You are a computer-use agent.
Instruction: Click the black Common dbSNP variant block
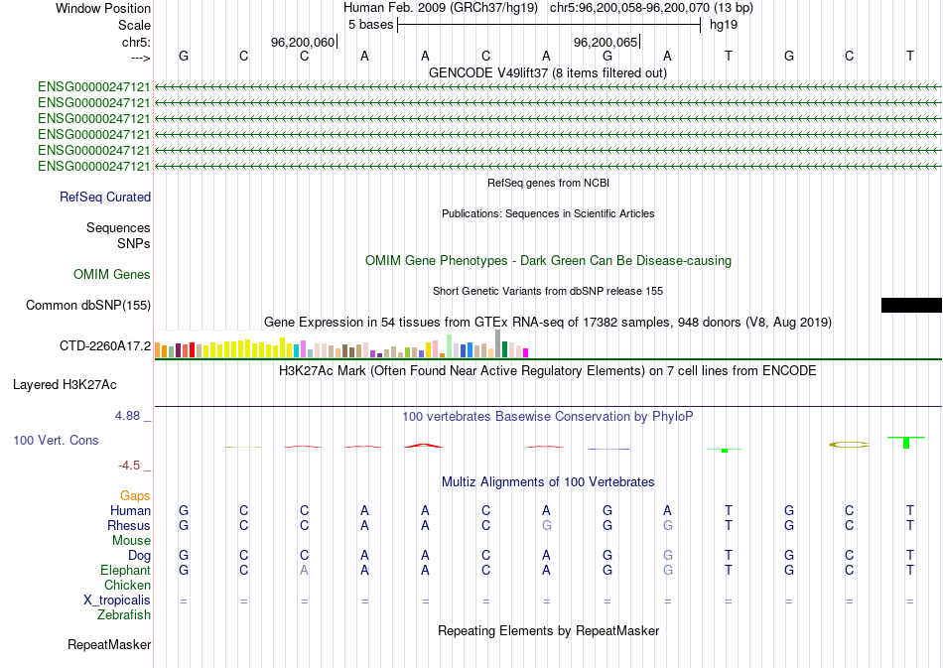[x=911, y=305]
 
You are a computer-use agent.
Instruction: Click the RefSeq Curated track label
[x=105, y=198]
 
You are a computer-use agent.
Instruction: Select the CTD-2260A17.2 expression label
[x=105, y=346]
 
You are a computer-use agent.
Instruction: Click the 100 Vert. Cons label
[x=56, y=440]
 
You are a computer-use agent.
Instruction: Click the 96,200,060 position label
[x=303, y=43]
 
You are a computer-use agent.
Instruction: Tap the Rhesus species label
[x=130, y=525]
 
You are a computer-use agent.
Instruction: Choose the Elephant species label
[x=126, y=571]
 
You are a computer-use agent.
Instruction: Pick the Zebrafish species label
[x=124, y=615]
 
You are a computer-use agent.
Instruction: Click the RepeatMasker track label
[x=109, y=645]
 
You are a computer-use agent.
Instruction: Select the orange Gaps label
[x=135, y=495]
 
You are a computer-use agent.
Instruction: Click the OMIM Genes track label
[x=112, y=275]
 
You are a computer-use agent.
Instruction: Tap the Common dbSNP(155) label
[x=88, y=306]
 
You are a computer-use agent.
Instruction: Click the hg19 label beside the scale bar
[x=723, y=24]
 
